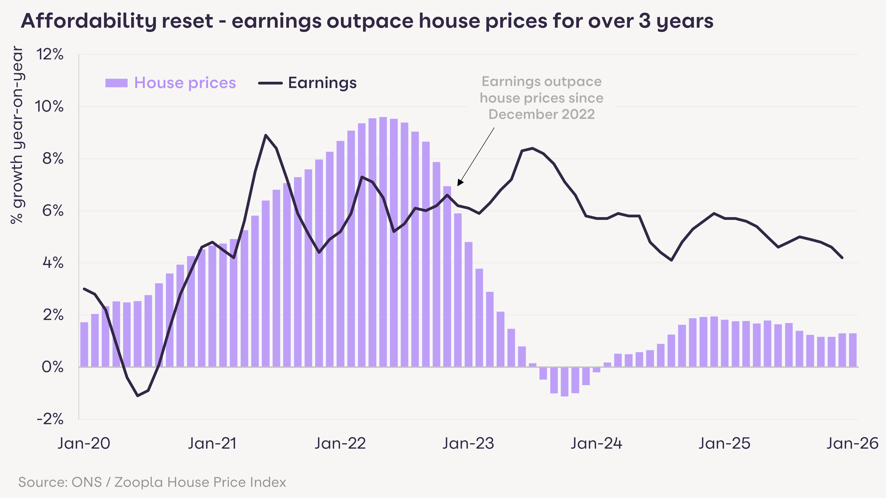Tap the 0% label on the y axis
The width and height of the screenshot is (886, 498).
(52, 367)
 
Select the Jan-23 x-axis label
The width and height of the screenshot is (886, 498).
(468, 443)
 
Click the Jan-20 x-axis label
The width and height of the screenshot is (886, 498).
(84, 443)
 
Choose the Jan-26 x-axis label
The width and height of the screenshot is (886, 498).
(852, 443)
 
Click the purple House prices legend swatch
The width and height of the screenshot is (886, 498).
(116, 83)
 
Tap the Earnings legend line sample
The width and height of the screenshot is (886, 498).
(270, 83)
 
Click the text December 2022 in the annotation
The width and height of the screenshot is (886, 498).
(541, 114)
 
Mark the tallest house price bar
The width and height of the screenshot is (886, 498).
(383, 241)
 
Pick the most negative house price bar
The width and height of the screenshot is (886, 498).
(564, 382)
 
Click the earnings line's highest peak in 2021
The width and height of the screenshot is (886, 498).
(266, 135)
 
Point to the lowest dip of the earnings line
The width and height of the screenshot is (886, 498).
(138, 396)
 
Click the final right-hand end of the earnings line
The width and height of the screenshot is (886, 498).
(842, 257)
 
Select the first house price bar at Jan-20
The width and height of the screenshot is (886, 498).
(84, 344)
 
